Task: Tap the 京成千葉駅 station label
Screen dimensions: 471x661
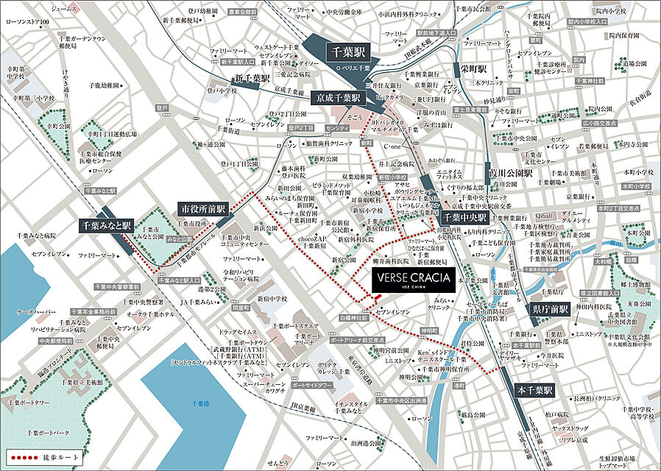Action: (338, 98)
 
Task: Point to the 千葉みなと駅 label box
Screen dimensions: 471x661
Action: (105, 225)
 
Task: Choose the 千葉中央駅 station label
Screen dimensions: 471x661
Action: (464, 219)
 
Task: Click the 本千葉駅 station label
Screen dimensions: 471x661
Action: (535, 391)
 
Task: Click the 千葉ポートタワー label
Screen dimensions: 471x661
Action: (29, 404)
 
